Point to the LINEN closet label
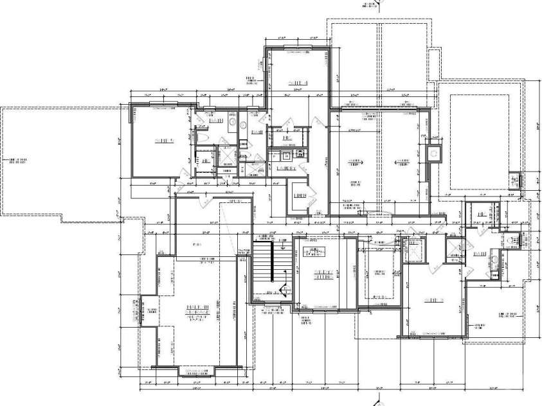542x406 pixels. [299, 195]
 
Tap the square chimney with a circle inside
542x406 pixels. [434, 154]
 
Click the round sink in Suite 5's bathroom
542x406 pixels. [244, 126]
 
